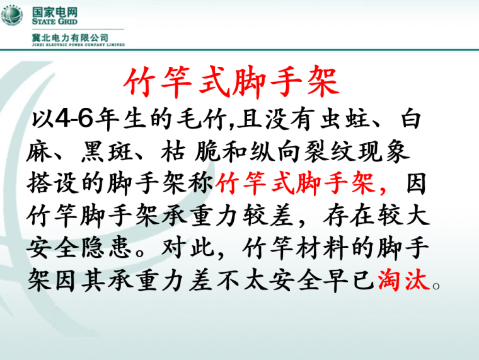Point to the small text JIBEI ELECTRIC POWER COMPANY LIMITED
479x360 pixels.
(x=78, y=45)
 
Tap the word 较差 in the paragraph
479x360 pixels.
(x=268, y=218)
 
